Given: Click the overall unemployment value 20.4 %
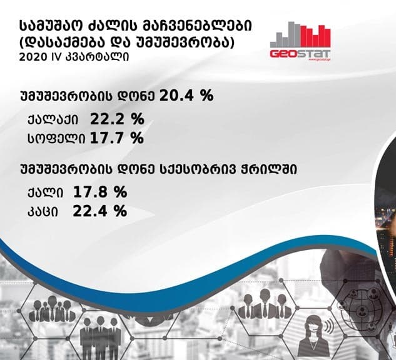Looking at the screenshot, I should click(x=187, y=96).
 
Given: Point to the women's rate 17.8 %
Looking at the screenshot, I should click(x=101, y=191).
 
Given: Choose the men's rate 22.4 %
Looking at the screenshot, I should click(x=101, y=211).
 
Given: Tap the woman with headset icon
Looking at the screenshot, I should click(x=313, y=330).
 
